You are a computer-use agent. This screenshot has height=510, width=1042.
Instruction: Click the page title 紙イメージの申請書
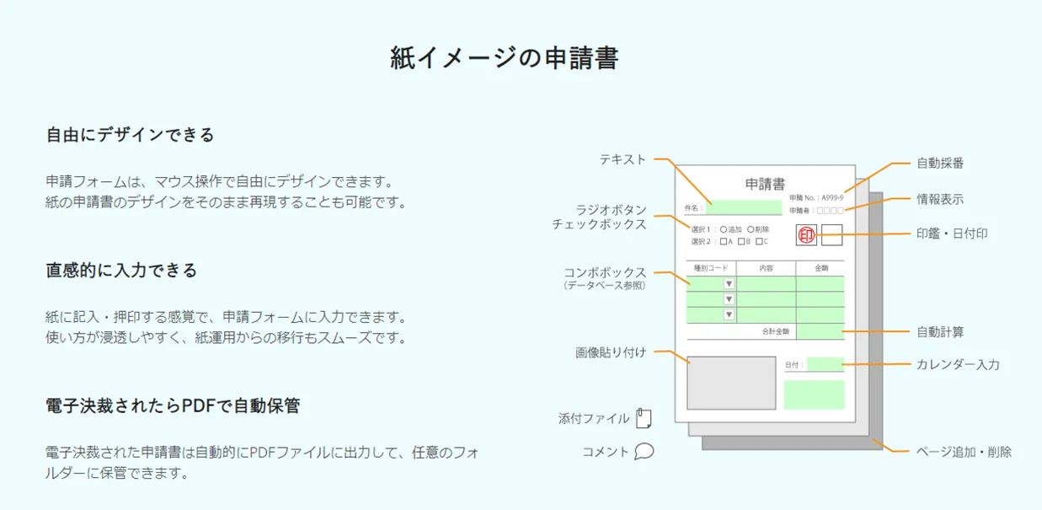[505, 58]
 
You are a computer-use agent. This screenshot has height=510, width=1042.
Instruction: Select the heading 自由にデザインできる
[131, 135]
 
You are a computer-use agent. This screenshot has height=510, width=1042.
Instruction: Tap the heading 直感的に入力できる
[122, 271]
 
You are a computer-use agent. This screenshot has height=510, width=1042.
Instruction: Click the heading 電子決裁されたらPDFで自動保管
[173, 406]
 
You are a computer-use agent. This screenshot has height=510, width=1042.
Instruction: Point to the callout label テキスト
[623, 158]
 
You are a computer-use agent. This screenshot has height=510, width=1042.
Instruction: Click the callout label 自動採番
[940, 163]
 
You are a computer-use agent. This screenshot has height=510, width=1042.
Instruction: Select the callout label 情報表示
[940, 200]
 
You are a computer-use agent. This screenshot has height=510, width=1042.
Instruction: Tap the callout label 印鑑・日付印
[952, 234]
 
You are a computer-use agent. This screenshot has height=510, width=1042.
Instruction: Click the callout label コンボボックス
[605, 273]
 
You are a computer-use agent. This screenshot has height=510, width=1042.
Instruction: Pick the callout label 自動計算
[940, 332]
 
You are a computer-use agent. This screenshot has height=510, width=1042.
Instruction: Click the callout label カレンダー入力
[958, 365]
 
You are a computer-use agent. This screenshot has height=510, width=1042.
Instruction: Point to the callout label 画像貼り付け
[611, 352]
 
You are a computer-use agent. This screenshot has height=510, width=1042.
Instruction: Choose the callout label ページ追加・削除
[964, 452]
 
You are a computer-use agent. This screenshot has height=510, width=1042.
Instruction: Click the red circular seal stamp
[806, 235]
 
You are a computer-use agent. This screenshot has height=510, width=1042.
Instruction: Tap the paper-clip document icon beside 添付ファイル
[644, 418]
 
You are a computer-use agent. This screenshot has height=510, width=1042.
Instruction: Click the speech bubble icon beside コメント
[644, 452]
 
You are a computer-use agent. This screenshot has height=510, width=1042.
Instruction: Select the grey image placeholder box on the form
[731, 383]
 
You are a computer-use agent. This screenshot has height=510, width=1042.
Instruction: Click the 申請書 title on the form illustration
[765, 184]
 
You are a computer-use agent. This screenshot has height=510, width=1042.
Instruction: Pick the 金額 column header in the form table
[820, 268]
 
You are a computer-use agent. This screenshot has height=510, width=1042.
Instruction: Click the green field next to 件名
[744, 207]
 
